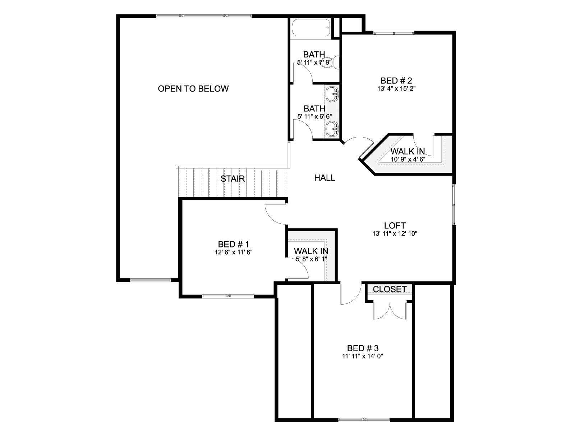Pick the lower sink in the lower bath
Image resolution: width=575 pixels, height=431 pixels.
[332, 129]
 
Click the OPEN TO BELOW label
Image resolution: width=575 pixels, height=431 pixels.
[193, 89]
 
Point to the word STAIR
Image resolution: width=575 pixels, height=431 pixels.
[233, 179]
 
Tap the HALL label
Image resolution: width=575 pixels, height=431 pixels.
[325, 178]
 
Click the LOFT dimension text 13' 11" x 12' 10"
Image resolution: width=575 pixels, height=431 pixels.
[395, 233]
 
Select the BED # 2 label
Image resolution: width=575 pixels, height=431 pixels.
[396, 80]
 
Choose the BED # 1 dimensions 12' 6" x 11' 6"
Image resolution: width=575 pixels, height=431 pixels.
[234, 252]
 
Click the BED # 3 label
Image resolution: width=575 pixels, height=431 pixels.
[363, 348]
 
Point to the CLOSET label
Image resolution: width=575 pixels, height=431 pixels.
[390, 289]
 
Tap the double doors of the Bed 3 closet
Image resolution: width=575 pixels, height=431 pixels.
[390, 311]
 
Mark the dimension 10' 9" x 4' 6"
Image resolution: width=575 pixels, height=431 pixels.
[408, 159]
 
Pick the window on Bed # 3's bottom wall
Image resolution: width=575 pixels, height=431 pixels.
[364, 420]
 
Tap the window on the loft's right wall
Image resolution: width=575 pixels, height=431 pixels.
[454, 204]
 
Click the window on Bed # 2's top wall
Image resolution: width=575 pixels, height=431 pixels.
[394, 33]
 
